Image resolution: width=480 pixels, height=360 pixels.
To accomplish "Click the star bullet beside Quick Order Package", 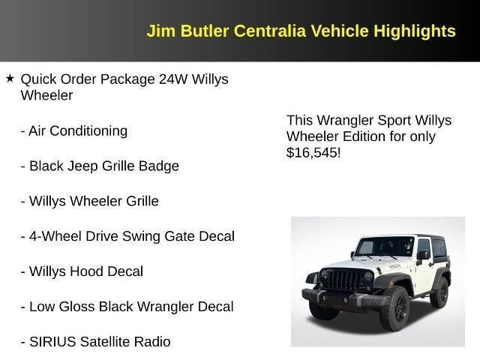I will (x=10, y=78).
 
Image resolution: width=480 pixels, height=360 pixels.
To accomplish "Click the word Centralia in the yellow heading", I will (x=267, y=31).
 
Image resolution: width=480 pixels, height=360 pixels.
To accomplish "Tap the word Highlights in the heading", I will (x=415, y=31).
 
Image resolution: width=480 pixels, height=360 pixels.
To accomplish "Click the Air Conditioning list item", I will (x=74, y=130).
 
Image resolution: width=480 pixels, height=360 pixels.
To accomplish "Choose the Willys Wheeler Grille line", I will (x=89, y=201).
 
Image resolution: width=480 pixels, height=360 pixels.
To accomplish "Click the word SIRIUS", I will (x=53, y=342).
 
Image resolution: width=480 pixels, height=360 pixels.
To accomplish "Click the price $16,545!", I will (x=313, y=153).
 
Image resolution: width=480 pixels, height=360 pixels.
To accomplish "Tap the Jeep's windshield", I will (x=384, y=247).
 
